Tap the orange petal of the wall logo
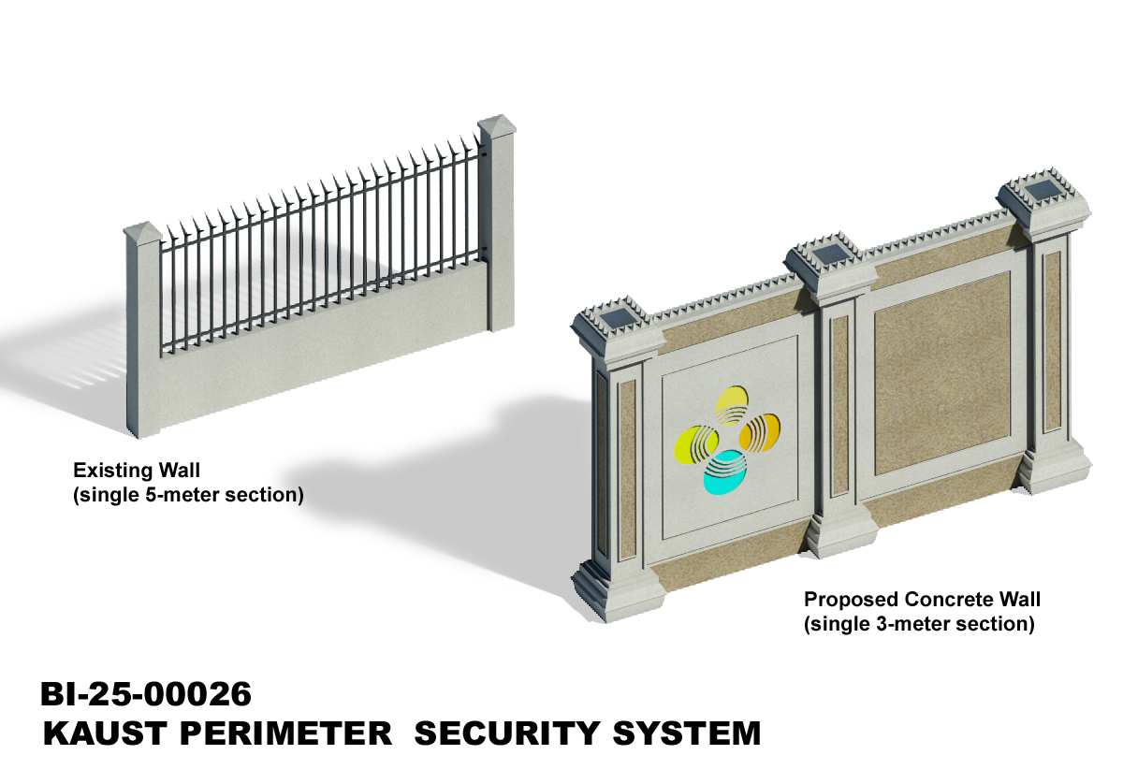click(x=758, y=432)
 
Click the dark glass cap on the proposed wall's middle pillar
click(x=829, y=254)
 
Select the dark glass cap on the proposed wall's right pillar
click(x=1043, y=192)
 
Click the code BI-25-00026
click(x=146, y=694)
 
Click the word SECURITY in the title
click(x=509, y=733)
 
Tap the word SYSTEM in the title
click(x=686, y=733)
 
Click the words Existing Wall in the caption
click(x=137, y=469)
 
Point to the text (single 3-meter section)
click(x=919, y=624)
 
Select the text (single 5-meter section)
click(x=189, y=495)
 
